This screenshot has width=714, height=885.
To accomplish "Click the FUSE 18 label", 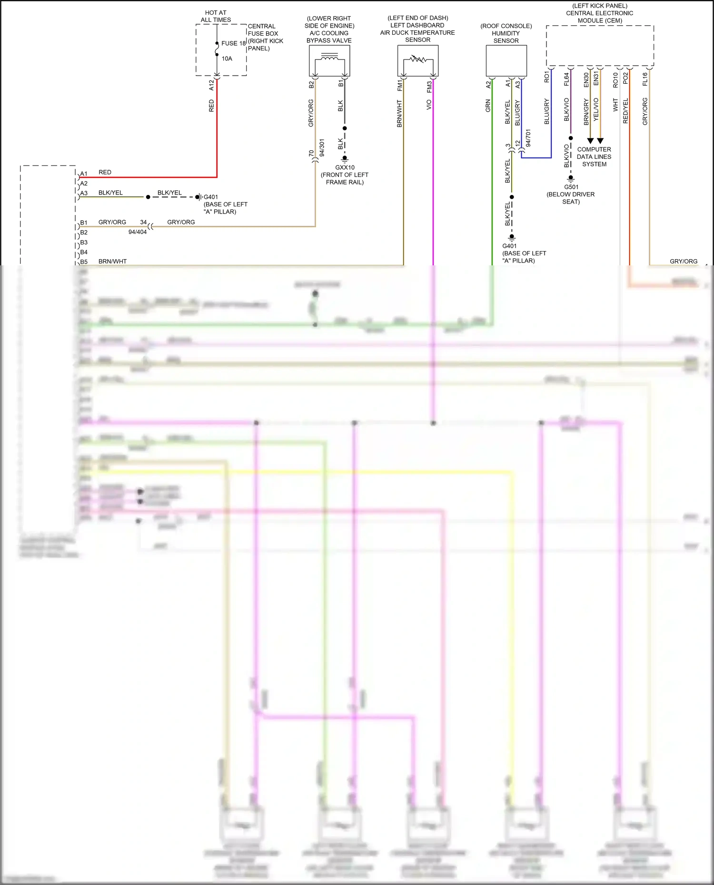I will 233,43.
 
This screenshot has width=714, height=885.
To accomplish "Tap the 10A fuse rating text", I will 227,58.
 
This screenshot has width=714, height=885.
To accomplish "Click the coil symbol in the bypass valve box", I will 329,58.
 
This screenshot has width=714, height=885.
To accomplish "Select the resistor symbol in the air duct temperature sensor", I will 417,60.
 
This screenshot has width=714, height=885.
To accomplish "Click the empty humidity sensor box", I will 506,61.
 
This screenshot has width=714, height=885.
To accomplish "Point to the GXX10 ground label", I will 345,167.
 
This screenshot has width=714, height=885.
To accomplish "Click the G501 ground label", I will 571,187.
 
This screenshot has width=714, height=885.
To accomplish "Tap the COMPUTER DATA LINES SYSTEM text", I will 594,156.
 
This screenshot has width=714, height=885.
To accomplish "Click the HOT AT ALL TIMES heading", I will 216,16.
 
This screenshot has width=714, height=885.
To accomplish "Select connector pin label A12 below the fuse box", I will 212,85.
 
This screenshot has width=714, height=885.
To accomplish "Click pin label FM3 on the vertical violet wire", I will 429,87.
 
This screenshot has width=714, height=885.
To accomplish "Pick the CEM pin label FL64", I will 566,79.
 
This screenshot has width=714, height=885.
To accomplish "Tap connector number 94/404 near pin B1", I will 138,232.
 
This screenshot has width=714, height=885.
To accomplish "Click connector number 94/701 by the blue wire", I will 528,137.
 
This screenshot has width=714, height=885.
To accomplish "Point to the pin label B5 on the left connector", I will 84,262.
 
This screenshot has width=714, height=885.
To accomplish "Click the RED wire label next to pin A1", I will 105,172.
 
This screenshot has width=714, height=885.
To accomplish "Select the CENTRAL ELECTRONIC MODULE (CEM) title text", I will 599,13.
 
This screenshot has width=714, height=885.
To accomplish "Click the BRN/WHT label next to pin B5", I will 112,262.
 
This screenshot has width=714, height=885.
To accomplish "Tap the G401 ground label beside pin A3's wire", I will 211,197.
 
